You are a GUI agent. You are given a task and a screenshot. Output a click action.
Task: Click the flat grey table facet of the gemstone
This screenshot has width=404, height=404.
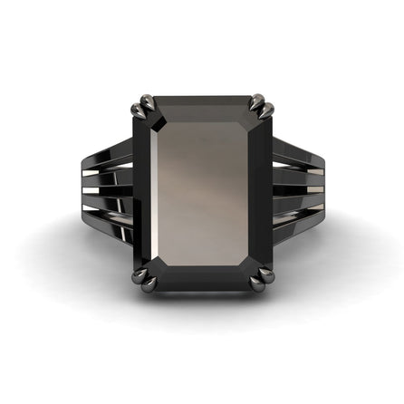[202, 199]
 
